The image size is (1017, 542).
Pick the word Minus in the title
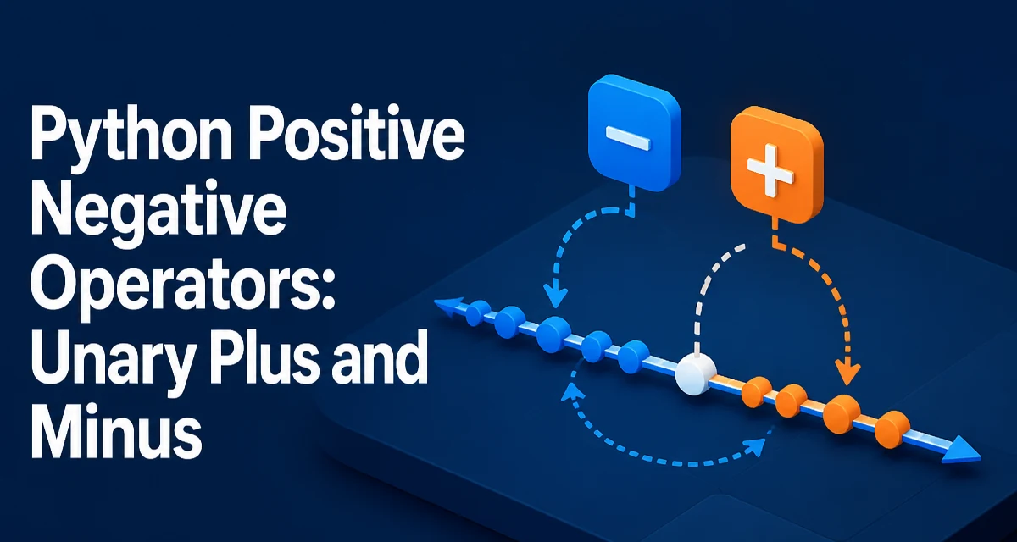tap(116, 431)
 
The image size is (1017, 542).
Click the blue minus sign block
tap(634, 133)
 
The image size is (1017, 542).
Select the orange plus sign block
tap(777, 164)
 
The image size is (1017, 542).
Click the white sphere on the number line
tap(696, 374)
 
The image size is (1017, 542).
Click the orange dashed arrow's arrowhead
tap(847, 374)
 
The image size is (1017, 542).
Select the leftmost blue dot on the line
tap(478, 313)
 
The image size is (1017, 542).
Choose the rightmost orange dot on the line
tap(892, 429)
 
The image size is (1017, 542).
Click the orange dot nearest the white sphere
tap(756, 392)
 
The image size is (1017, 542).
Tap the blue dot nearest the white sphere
tap(634, 357)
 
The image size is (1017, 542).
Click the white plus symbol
tap(770, 171)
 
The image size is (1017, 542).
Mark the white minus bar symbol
tap(628, 137)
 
